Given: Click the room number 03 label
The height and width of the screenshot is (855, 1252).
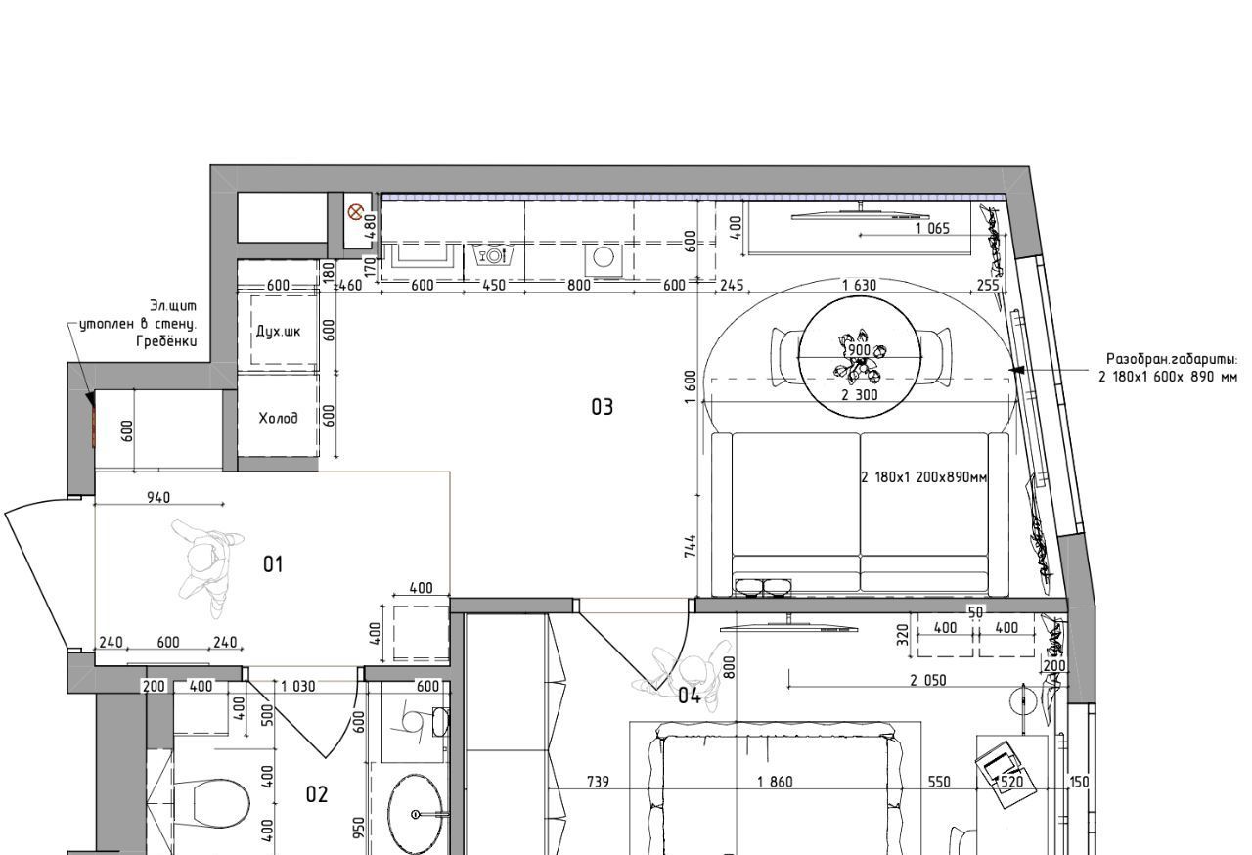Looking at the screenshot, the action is (x=602, y=407).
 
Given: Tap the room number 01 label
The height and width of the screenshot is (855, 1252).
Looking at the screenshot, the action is (x=273, y=564).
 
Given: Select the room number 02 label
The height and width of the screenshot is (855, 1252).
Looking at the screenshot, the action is (x=317, y=794).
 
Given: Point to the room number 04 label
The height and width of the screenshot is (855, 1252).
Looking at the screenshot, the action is (x=690, y=697).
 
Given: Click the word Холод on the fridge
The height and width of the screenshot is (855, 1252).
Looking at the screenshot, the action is (x=279, y=418).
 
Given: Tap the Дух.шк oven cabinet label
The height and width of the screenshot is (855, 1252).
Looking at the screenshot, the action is (x=279, y=332).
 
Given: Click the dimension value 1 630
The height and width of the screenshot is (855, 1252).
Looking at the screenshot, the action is (x=859, y=285).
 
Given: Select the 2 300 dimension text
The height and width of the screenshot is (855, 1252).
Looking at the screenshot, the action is (x=860, y=395).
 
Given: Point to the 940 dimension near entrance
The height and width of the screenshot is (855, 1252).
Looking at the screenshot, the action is (x=158, y=497).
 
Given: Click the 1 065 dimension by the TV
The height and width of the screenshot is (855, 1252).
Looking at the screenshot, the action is (x=932, y=228).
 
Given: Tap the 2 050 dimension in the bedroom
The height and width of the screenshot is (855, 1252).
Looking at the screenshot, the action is (x=928, y=680).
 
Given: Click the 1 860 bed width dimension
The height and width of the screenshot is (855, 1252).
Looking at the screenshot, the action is (x=775, y=782).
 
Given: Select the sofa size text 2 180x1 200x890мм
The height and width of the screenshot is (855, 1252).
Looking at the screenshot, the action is (x=924, y=477).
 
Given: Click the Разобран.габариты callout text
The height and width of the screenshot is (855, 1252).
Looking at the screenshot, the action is (x=1172, y=359).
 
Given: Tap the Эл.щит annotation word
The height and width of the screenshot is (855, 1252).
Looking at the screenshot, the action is (x=173, y=306).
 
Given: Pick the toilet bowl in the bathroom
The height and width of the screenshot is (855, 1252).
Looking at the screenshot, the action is (x=220, y=803).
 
